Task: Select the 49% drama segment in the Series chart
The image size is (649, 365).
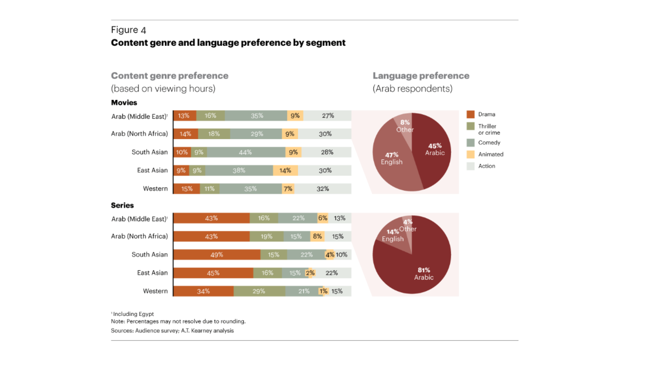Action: pyautogui.click(x=217, y=254)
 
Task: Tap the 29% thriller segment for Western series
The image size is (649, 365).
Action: pyautogui.click(x=259, y=291)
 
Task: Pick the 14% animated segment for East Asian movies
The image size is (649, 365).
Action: pyautogui.click(x=285, y=170)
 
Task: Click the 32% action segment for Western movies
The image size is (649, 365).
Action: pyautogui.click(x=323, y=189)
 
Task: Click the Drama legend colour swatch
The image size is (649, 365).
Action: pyautogui.click(x=471, y=114)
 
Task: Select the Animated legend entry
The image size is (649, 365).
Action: pyautogui.click(x=485, y=154)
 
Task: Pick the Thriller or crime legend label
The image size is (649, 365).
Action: pyautogui.click(x=489, y=129)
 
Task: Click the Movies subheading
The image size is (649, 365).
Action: pyautogui.click(x=124, y=102)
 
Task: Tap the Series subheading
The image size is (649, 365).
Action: pyautogui.click(x=122, y=205)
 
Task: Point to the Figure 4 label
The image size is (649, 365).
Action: pyautogui.click(x=128, y=30)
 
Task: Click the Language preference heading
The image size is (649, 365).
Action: pyautogui.click(x=421, y=76)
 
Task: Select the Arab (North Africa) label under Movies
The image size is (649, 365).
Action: pyautogui.click(x=139, y=133)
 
